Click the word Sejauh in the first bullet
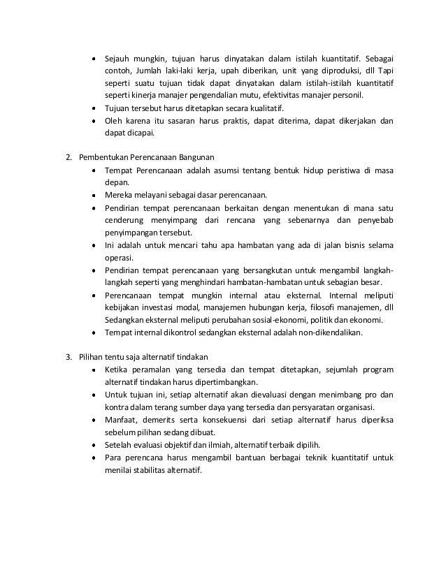click(x=118, y=59)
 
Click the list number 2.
click(x=68, y=158)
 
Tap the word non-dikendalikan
click(x=326, y=333)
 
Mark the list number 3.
click(x=68, y=357)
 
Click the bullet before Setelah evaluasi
click(x=93, y=444)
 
